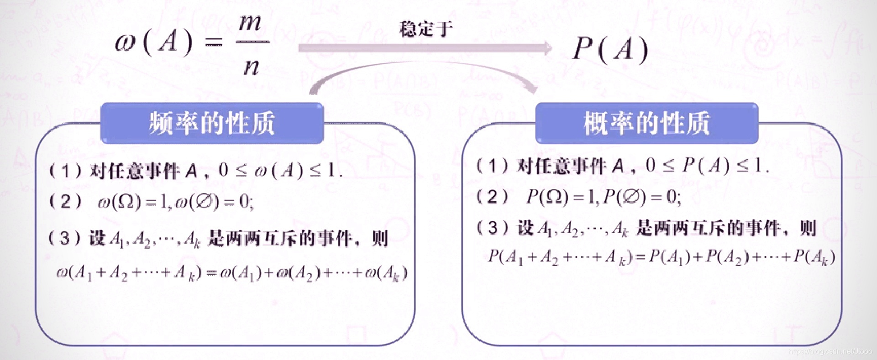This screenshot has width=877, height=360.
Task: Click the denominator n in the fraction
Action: click(252, 68)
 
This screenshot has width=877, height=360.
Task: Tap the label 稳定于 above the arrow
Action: click(425, 29)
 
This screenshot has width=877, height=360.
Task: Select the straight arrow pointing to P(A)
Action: click(425, 48)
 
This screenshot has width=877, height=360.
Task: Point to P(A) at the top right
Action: click(610, 49)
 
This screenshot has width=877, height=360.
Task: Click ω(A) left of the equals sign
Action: click(154, 44)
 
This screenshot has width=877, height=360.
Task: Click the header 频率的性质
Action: click(212, 123)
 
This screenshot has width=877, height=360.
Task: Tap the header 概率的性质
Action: click(646, 123)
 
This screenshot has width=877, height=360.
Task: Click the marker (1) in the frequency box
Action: click(66, 171)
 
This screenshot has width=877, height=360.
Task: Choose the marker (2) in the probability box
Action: click(492, 197)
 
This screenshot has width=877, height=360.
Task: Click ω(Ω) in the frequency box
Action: click(120, 202)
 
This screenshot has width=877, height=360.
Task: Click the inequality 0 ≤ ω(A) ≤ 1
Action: click(280, 171)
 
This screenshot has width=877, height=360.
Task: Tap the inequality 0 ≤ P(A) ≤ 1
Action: click(708, 166)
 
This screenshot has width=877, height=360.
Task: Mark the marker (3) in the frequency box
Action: click(66, 238)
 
